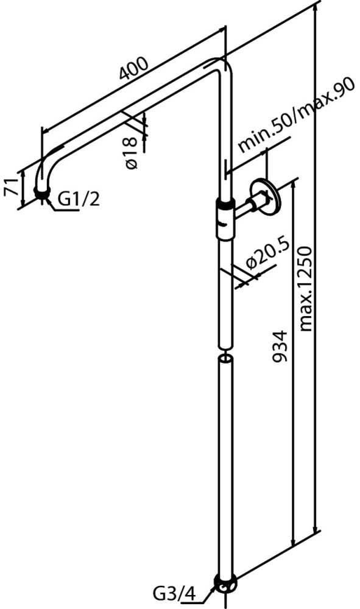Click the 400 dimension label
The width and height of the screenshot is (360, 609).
click(133, 69)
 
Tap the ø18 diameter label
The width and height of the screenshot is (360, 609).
click(132, 153)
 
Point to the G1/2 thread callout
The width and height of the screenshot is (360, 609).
click(79, 200)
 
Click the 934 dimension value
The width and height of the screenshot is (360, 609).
click(279, 347)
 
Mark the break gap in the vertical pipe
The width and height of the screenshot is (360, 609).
click(225, 352)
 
